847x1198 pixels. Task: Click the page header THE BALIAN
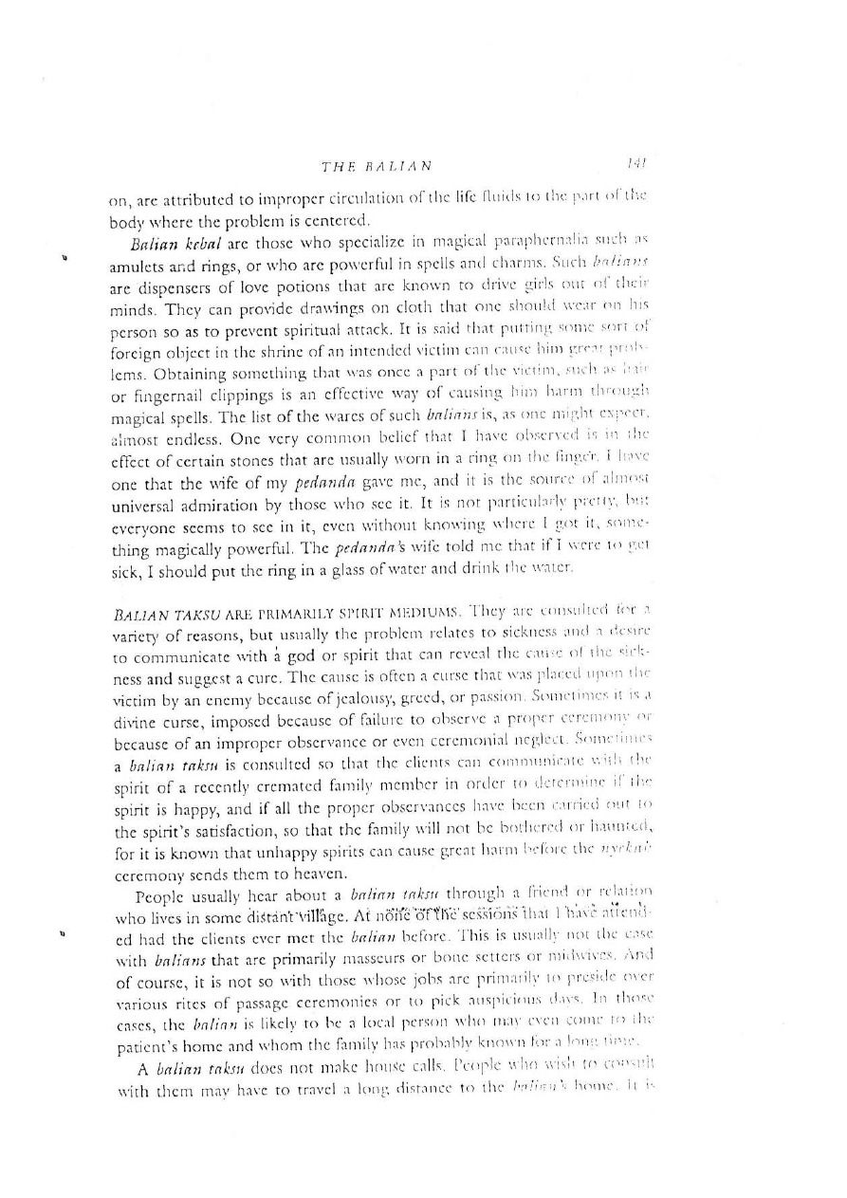coord(377,167)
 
